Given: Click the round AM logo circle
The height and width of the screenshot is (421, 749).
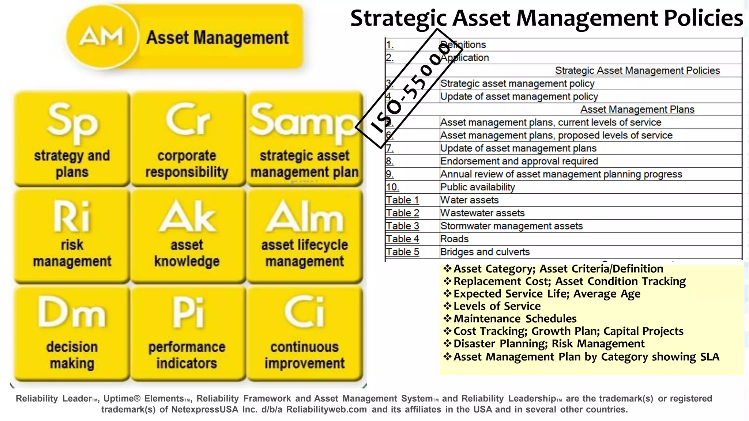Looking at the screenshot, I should (102, 37).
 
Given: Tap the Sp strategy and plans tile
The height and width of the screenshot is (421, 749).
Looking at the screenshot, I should (72, 139).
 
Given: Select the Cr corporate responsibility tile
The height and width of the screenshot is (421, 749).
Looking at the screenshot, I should (188, 139).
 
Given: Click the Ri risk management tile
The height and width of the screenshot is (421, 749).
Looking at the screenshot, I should (72, 236).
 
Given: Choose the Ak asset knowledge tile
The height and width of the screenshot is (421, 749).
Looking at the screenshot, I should (188, 236).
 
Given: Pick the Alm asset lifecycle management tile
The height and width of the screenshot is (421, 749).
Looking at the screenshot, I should (305, 236).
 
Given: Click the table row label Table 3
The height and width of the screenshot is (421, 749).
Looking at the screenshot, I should (402, 226).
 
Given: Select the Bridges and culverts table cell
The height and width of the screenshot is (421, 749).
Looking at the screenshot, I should (485, 252).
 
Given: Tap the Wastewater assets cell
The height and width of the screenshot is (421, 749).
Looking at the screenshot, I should (482, 213).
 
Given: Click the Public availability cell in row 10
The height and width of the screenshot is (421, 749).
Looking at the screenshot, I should (477, 187).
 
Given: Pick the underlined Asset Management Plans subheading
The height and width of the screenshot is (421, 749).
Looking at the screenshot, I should (637, 109).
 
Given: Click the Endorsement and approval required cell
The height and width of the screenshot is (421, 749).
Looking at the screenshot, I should (519, 161).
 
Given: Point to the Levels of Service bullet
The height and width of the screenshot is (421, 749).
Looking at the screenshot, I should (497, 306).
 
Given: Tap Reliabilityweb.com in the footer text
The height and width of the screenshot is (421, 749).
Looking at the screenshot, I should (326, 409).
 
